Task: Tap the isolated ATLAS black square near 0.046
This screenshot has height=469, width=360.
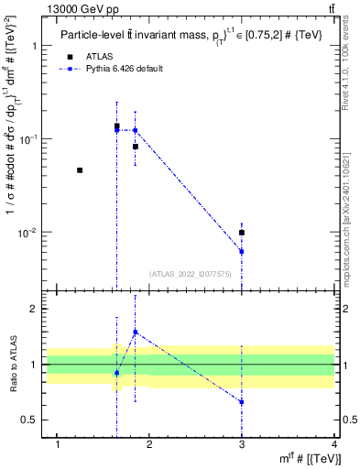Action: click(80, 170)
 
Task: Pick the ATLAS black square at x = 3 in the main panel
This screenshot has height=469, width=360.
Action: click(241, 233)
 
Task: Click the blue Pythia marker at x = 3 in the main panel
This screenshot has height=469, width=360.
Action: click(241, 251)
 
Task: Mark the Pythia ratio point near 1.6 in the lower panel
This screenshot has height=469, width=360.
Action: click(136, 332)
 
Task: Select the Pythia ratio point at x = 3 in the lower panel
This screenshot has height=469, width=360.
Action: click(241, 402)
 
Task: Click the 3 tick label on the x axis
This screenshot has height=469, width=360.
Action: click(241, 444)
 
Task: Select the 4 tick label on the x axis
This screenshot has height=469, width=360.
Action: click(334, 444)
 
